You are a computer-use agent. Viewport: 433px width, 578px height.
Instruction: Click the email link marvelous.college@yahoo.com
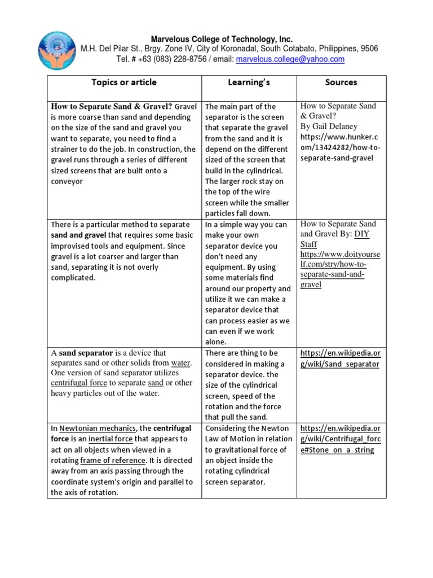[290, 59]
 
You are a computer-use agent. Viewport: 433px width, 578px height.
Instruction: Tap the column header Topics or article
[124, 82]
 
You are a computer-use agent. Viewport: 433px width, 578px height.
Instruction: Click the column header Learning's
[249, 82]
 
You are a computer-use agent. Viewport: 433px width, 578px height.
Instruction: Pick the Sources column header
[341, 82]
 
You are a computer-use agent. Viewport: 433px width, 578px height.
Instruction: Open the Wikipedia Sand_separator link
[340, 359]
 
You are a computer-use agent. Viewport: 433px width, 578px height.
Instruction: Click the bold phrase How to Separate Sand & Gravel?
[112, 106]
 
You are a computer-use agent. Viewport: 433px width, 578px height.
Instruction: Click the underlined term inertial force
[110, 439]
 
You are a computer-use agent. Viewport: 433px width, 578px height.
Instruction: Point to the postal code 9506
[368, 49]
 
